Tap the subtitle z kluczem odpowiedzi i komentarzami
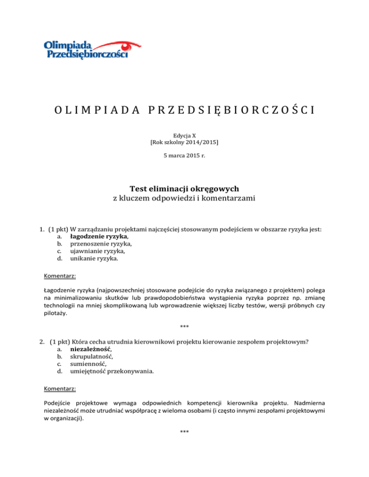(184, 199)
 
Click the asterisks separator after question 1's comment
(184, 327)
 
